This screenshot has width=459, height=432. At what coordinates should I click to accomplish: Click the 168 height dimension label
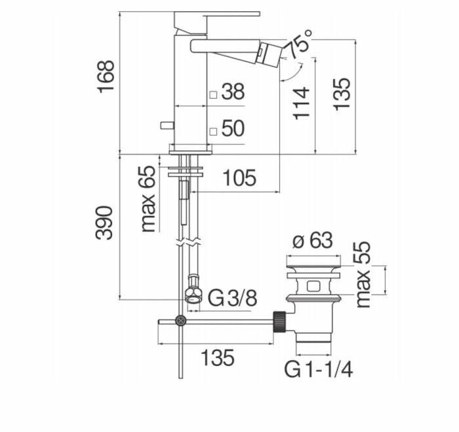click(106, 77)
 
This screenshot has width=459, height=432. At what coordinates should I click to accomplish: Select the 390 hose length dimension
click(104, 223)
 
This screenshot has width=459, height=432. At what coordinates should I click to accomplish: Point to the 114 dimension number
click(301, 103)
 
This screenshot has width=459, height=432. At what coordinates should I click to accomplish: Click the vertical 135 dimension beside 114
click(342, 94)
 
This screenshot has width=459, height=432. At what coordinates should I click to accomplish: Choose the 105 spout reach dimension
click(239, 178)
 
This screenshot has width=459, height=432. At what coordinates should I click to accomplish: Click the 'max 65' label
click(148, 199)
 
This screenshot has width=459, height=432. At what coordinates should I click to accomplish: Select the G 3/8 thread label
click(232, 298)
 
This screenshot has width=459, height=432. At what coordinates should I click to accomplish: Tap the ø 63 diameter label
click(313, 241)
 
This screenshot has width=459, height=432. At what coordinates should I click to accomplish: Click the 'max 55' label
click(363, 274)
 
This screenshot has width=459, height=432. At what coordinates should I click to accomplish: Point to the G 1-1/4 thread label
click(319, 369)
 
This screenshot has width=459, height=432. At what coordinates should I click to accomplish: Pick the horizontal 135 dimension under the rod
click(218, 357)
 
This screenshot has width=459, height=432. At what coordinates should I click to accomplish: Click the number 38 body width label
click(233, 92)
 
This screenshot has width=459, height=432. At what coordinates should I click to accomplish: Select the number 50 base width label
click(233, 128)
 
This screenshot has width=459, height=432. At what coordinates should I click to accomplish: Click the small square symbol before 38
click(213, 95)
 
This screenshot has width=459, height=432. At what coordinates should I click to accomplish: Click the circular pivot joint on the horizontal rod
click(180, 321)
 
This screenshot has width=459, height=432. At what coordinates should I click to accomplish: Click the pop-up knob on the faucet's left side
click(167, 126)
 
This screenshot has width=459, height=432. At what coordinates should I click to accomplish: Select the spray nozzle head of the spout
click(269, 54)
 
